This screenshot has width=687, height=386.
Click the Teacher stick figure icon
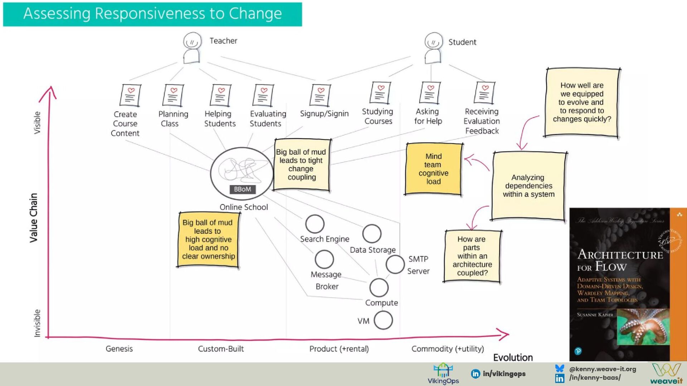[192, 48]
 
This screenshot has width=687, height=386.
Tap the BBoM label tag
[242, 189]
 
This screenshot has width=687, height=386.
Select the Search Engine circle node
[315, 224]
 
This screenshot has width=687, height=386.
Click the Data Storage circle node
[372, 234]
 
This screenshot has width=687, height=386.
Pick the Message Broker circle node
[324, 259]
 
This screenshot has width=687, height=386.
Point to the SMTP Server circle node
[395, 264]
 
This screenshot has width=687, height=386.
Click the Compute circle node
[379, 287]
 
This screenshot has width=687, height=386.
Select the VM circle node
[383, 320]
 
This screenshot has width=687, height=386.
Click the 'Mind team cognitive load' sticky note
[433, 169]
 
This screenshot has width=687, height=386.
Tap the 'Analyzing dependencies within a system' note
[528, 186]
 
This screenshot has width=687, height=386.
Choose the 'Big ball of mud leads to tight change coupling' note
[301, 165]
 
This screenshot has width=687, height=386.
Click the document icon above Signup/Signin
[320, 95]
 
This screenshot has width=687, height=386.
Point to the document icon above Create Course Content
[130, 95]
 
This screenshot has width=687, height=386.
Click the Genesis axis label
[119, 348]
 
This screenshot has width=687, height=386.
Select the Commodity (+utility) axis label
[447, 348]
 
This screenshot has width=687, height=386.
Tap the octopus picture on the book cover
[643, 327]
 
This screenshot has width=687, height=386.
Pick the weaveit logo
[666, 374]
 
